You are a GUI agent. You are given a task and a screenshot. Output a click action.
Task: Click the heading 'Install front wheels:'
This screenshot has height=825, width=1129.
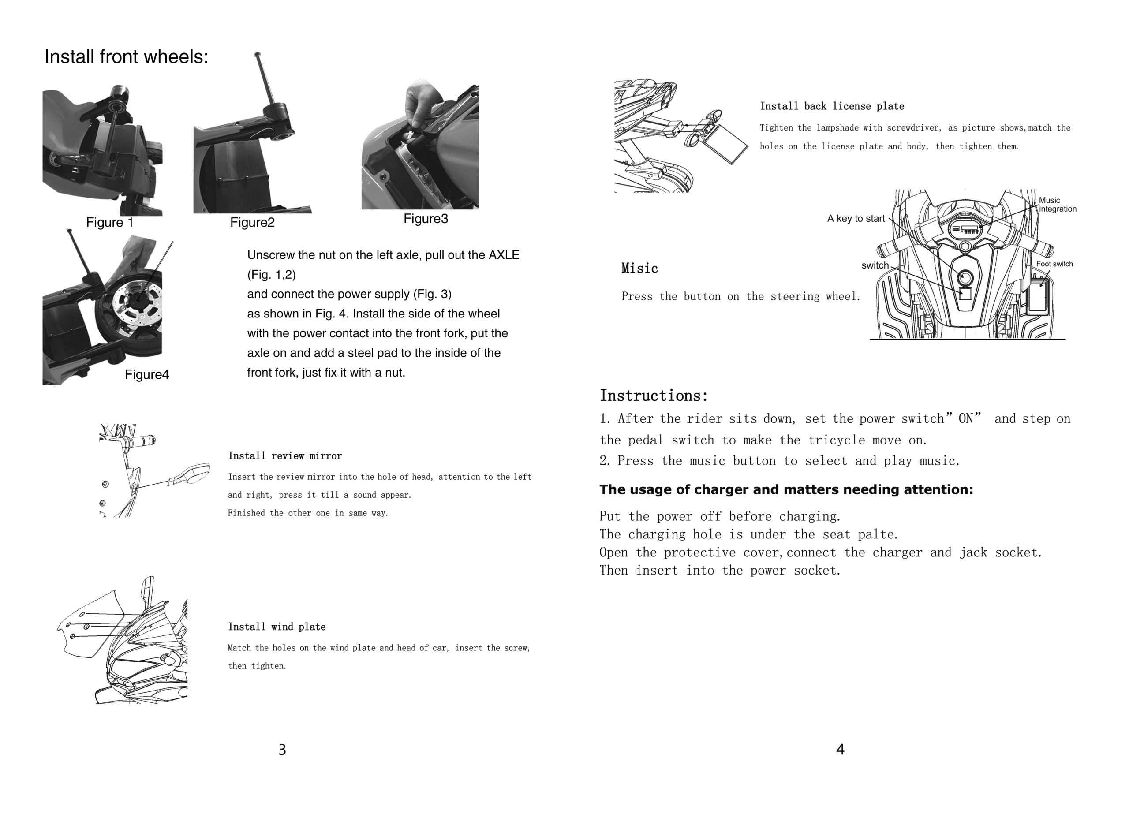click(126, 57)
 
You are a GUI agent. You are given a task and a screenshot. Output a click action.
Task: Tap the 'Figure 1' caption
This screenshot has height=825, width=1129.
click(110, 222)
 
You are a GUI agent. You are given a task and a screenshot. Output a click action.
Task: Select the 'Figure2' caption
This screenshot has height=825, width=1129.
click(252, 222)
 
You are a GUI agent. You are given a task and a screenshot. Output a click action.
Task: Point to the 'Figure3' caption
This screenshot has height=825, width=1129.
click(426, 219)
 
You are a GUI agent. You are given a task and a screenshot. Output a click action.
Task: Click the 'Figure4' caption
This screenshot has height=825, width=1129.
click(147, 374)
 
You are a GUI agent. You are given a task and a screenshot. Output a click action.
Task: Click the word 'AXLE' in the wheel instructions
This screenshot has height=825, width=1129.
click(504, 255)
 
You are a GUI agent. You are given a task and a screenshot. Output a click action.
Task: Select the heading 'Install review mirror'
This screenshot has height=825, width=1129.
click(284, 456)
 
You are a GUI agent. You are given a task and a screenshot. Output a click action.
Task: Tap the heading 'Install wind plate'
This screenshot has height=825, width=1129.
click(277, 627)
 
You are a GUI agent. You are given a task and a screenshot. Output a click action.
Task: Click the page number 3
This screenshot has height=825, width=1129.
click(282, 749)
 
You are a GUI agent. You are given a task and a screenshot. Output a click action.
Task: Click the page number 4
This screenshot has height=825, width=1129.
click(841, 749)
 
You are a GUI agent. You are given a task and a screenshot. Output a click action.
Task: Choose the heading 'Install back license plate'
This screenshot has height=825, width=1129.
click(832, 106)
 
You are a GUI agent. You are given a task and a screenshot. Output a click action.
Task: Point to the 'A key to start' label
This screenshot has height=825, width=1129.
click(856, 219)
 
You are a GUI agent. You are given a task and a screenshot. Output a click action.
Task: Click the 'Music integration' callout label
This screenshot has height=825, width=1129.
click(1057, 205)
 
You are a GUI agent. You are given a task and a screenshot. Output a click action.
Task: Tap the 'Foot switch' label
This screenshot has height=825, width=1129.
click(1054, 264)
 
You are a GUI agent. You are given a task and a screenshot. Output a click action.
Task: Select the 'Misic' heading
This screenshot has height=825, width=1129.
click(639, 269)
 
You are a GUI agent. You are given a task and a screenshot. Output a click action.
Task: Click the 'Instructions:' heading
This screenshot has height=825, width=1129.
click(654, 396)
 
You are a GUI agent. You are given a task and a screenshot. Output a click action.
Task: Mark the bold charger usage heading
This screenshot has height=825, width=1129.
click(786, 489)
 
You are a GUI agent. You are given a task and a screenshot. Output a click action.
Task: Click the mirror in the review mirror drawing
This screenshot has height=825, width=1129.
click(190, 474)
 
